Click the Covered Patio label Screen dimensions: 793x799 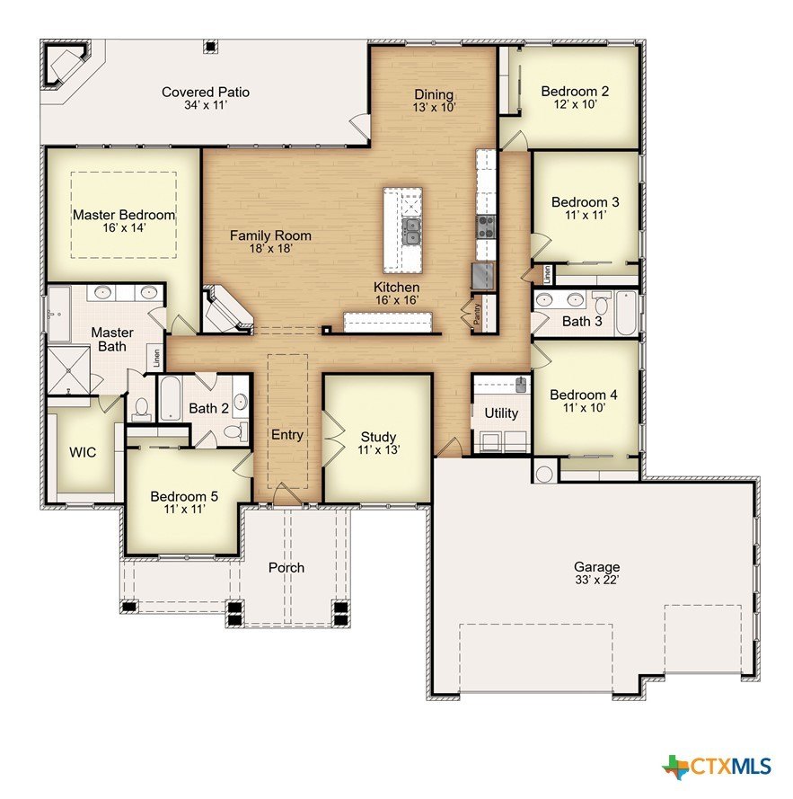(206, 93)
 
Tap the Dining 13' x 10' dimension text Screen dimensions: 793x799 (434, 108)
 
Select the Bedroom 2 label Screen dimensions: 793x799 (575, 91)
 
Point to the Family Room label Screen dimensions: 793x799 (270, 235)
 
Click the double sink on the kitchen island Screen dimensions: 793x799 (410, 232)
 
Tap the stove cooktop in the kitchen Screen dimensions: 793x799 (485, 226)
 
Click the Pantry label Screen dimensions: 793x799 (477, 315)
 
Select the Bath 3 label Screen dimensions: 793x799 (582, 322)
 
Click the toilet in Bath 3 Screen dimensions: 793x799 (602, 303)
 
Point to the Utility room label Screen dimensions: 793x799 (501, 413)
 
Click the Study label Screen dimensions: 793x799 (378, 437)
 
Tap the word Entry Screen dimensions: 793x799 (287, 435)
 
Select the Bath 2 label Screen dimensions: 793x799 (209, 408)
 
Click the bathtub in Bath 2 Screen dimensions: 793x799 (170, 398)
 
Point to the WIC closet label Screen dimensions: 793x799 (83, 452)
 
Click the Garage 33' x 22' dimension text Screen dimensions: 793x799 (597, 580)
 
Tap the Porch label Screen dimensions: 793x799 (286, 568)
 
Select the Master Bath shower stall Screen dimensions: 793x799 (69, 370)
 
